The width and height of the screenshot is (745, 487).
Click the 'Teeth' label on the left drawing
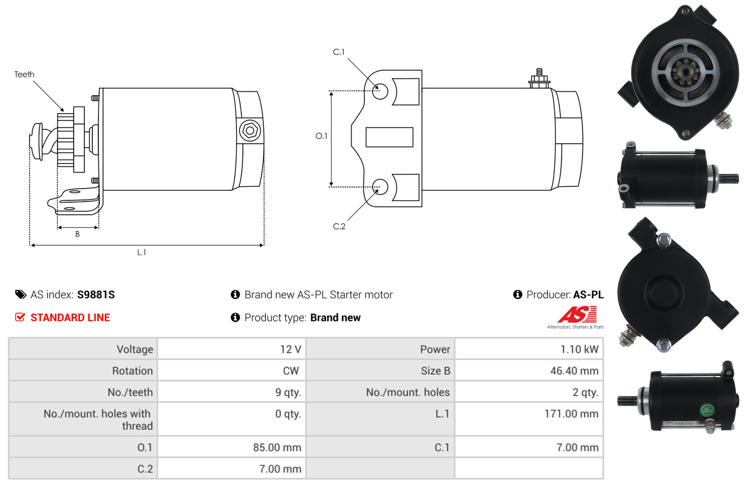tap(24, 74)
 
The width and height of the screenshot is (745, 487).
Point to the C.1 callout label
tap(339, 52)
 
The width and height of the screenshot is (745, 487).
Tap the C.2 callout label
tap(339, 227)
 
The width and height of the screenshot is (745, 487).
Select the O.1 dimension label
tap(322, 136)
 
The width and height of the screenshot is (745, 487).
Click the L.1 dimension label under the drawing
tap(142, 253)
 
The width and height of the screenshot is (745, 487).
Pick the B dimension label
tap(78, 234)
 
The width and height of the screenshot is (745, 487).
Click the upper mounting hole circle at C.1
tap(380, 91)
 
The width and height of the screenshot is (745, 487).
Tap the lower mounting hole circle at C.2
tap(380, 187)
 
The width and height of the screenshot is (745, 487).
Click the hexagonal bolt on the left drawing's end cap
tap(250, 131)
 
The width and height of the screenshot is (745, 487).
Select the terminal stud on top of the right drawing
tap(539, 79)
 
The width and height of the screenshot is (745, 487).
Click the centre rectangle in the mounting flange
tap(389, 137)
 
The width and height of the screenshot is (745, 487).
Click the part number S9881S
tap(96, 294)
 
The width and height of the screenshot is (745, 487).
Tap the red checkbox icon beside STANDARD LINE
tap(20, 317)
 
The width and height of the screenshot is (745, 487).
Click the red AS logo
tap(577, 315)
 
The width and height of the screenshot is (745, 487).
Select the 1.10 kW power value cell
tap(529, 349)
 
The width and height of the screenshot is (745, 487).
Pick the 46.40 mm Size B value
tap(575, 371)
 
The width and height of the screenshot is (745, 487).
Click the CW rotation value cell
tap(232, 371)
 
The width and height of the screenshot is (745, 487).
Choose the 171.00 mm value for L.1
tap(571, 414)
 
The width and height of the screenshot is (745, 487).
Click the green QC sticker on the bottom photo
tap(707, 410)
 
